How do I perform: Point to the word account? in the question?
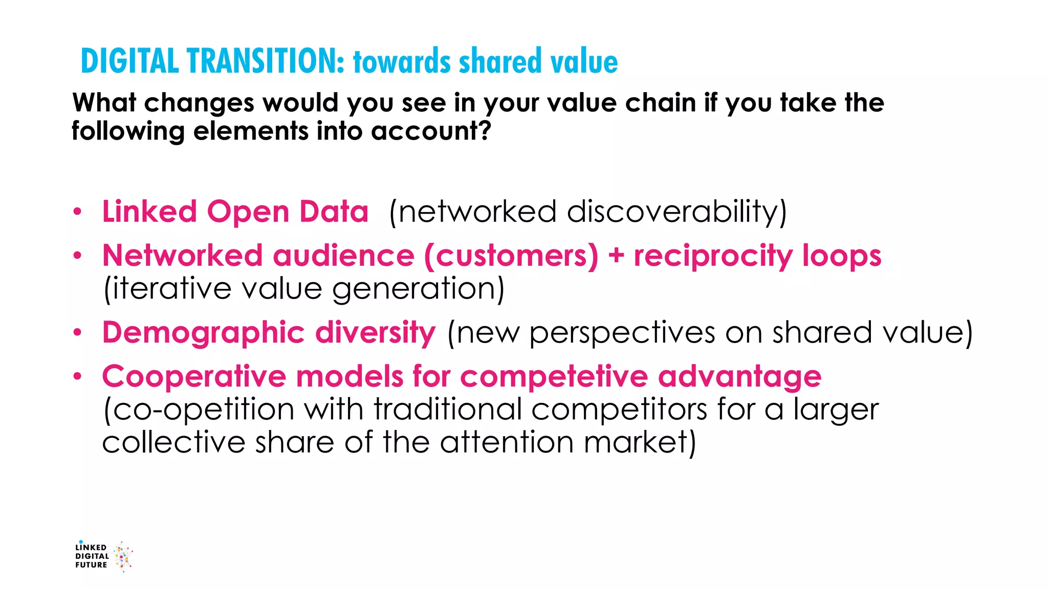pyautogui.click(x=431, y=131)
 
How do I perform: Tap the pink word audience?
pyautogui.click(x=343, y=255)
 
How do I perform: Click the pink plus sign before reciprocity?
pyautogui.click(x=616, y=256)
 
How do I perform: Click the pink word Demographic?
pyautogui.click(x=203, y=333)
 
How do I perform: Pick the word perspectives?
pyautogui.click(x=622, y=333)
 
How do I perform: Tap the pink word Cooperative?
pyautogui.click(x=194, y=376)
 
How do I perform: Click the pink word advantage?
pyautogui.click(x=739, y=377)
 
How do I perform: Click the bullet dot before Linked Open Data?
pyautogui.click(x=77, y=212)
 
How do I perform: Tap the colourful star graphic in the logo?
pyautogui.click(x=123, y=556)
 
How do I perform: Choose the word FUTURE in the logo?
pyautogui.click(x=91, y=565)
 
